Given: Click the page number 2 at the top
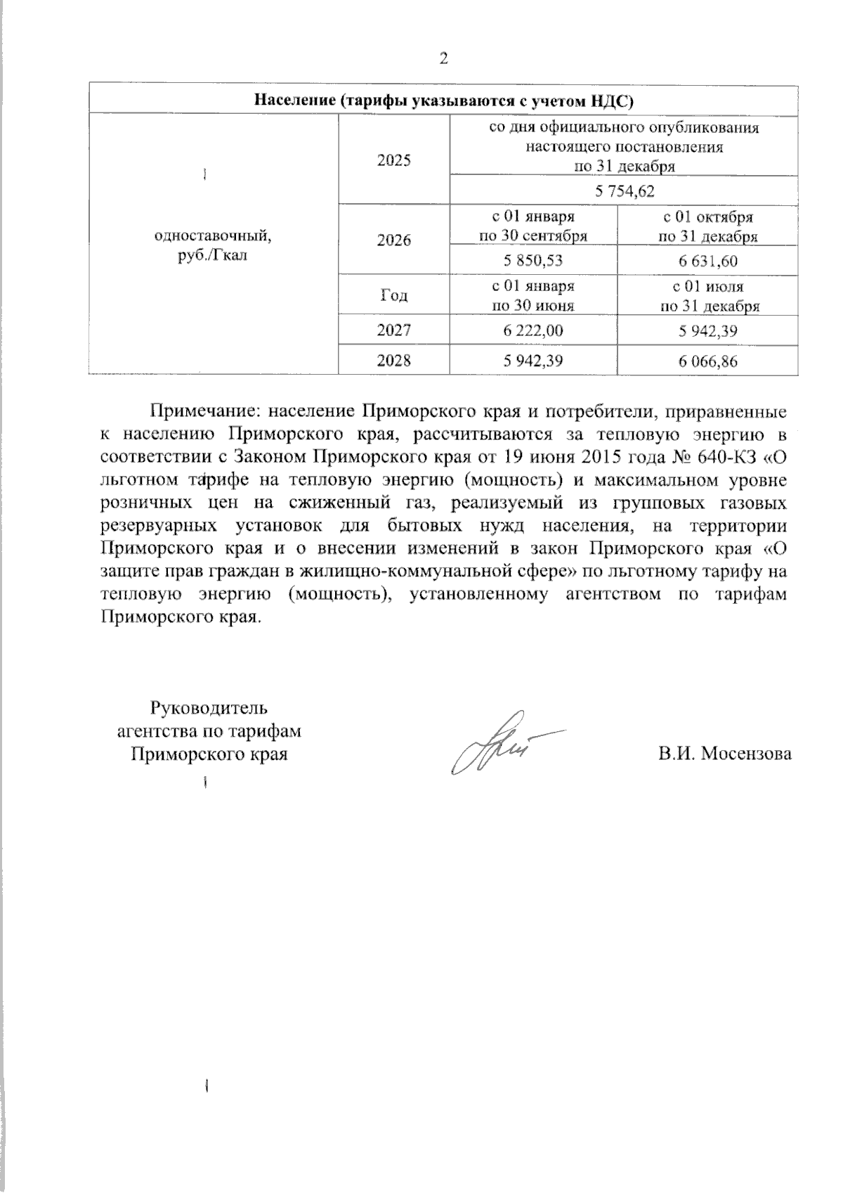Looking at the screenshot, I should point(443,58).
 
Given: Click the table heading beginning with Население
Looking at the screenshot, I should point(443,101).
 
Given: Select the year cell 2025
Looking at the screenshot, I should point(393,160).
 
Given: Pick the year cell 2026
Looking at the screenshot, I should point(393,240).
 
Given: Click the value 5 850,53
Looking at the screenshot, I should point(533,261).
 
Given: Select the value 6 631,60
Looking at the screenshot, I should point(707,261).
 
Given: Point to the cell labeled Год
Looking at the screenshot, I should point(393,296).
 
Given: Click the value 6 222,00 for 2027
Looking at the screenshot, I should point(533,331).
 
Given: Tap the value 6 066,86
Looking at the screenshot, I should point(707,361).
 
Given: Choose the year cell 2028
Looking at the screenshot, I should point(393,361).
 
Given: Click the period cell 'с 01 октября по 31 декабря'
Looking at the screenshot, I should point(707,226).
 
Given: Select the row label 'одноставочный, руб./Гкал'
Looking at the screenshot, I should point(213,245).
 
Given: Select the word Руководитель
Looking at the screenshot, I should point(209,707).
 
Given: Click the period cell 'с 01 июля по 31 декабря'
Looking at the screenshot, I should point(707,296).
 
